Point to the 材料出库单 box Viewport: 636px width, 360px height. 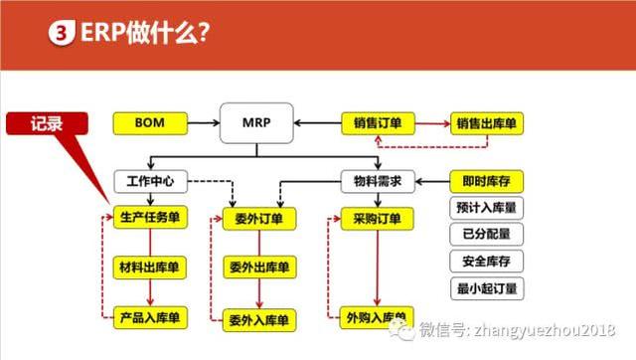pos(148,267)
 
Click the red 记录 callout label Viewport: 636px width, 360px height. pos(47,123)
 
